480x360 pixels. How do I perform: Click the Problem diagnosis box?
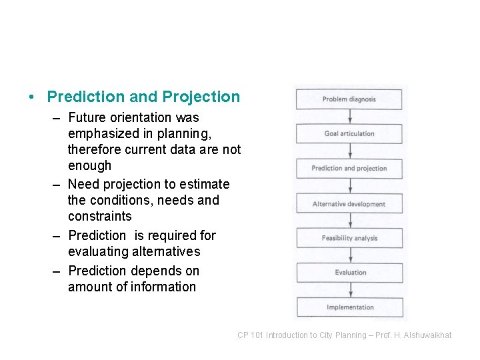[349, 99]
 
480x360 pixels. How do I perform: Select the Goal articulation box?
[349, 134]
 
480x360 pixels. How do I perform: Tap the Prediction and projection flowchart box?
[349, 169]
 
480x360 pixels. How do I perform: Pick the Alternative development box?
[349, 204]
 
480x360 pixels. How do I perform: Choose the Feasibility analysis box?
[349, 238]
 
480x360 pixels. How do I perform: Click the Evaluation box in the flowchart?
[350, 273]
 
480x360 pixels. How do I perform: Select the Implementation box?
[350, 307]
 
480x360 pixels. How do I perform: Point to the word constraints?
[100, 217]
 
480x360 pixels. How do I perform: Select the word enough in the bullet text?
[89, 166]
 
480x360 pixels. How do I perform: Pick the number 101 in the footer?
[257, 335]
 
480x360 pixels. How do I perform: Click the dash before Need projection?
[56, 185]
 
